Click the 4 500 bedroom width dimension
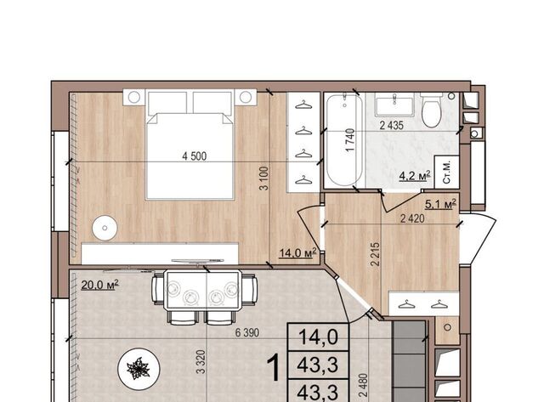click(x=195, y=156)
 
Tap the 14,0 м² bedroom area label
click(x=298, y=252)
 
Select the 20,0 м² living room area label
click(x=100, y=285)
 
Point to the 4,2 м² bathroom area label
click(x=415, y=176)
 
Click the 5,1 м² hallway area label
click(x=440, y=205)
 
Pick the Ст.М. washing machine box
click(x=447, y=172)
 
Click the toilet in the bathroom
click(x=431, y=110)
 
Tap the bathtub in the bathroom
click(x=344, y=140)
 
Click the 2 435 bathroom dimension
click(x=392, y=125)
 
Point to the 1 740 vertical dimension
click(x=350, y=139)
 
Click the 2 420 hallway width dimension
click(x=412, y=218)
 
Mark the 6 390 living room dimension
click(x=247, y=332)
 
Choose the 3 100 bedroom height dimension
click(x=264, y=178)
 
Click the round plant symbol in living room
click(x=139, y=368)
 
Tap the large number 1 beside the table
click(x=275, y=368)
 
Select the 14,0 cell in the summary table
click(x=318, y=337)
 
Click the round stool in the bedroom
click(x=105, y=228)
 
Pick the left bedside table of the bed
click(x=134, y=97)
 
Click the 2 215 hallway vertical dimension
click(x=375, y=254)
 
